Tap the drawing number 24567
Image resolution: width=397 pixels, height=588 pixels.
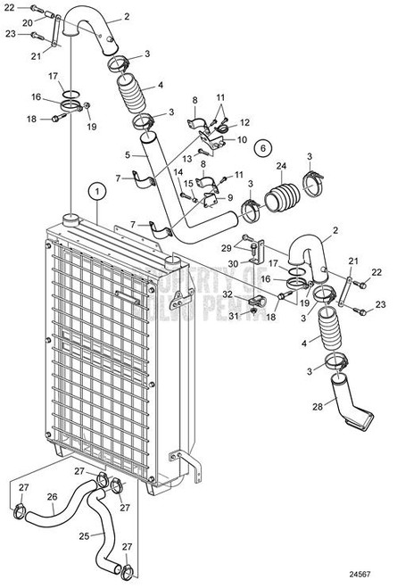pos(378,576)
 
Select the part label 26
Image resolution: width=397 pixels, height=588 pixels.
pos(52,498)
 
